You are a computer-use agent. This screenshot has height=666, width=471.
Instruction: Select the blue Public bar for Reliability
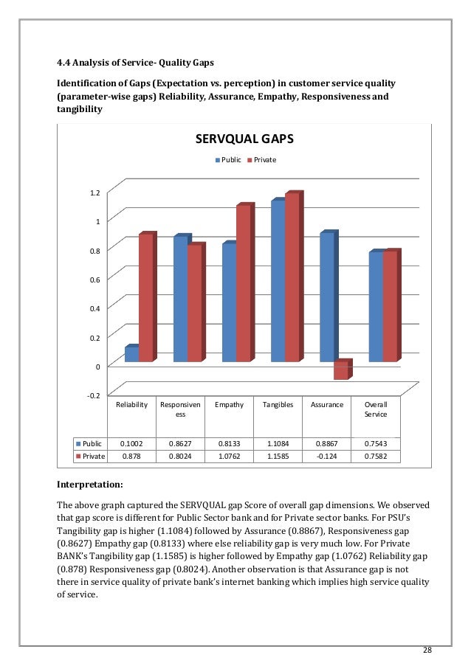click(x=131, y=354)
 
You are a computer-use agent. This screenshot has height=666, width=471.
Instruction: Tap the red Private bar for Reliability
click(x=145, y=298)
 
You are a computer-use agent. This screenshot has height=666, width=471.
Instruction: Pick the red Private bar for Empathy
click(x=243, y=284)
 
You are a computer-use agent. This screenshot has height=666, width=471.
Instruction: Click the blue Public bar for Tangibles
click(x=278, y=281)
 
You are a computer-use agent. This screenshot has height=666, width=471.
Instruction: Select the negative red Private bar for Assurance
click(x=340, y=370)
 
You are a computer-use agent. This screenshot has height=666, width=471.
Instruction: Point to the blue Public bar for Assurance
click(x=326, y=297)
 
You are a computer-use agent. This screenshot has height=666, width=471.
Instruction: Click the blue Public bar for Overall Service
click(x=375, y=307)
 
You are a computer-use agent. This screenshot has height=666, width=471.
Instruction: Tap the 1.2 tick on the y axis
click(x=94, y=193)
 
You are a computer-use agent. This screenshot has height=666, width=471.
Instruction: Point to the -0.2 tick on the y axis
click(x=92, y=395)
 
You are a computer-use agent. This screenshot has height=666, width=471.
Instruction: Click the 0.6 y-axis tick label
click(x=94, y=280)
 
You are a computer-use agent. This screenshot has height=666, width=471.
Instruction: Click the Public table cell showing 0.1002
click(x=132, y=444)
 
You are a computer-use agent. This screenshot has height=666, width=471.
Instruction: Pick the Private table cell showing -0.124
click(x=326, y=456)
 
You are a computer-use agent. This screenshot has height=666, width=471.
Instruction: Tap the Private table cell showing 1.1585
click(x=278, y=456)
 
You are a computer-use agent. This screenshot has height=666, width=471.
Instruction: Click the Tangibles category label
click(x=278, y=405)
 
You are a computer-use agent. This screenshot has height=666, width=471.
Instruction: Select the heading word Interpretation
click(x=90, y=485)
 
